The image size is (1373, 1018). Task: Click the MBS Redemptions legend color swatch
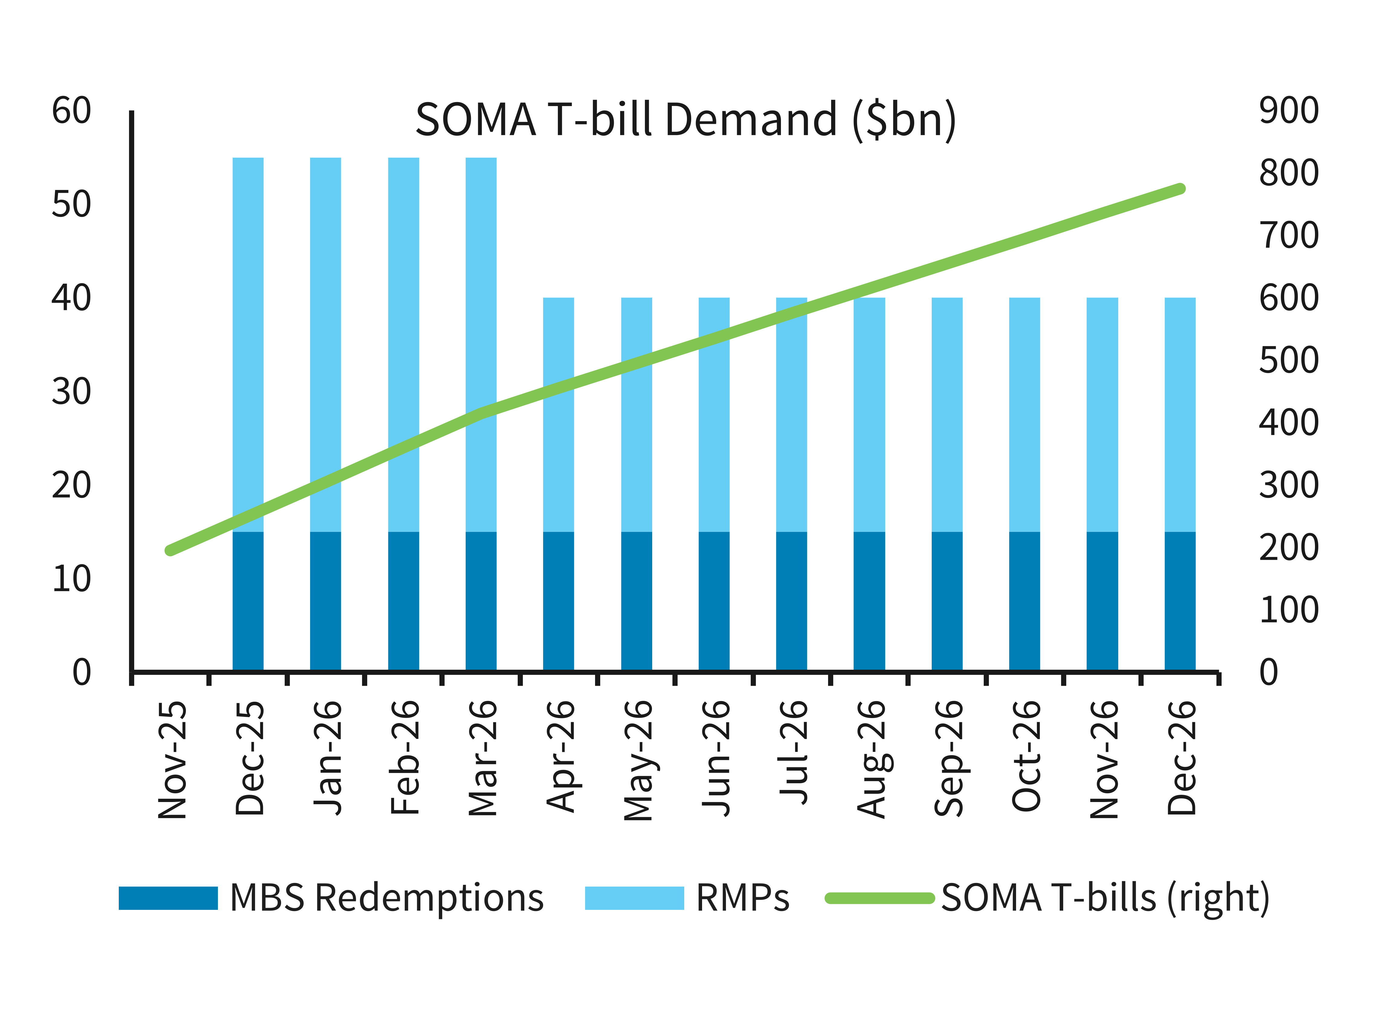(x=168, y=898)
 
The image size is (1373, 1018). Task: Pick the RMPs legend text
(x=742, y=898)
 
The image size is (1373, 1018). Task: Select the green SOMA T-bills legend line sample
(x=880, y=898)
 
